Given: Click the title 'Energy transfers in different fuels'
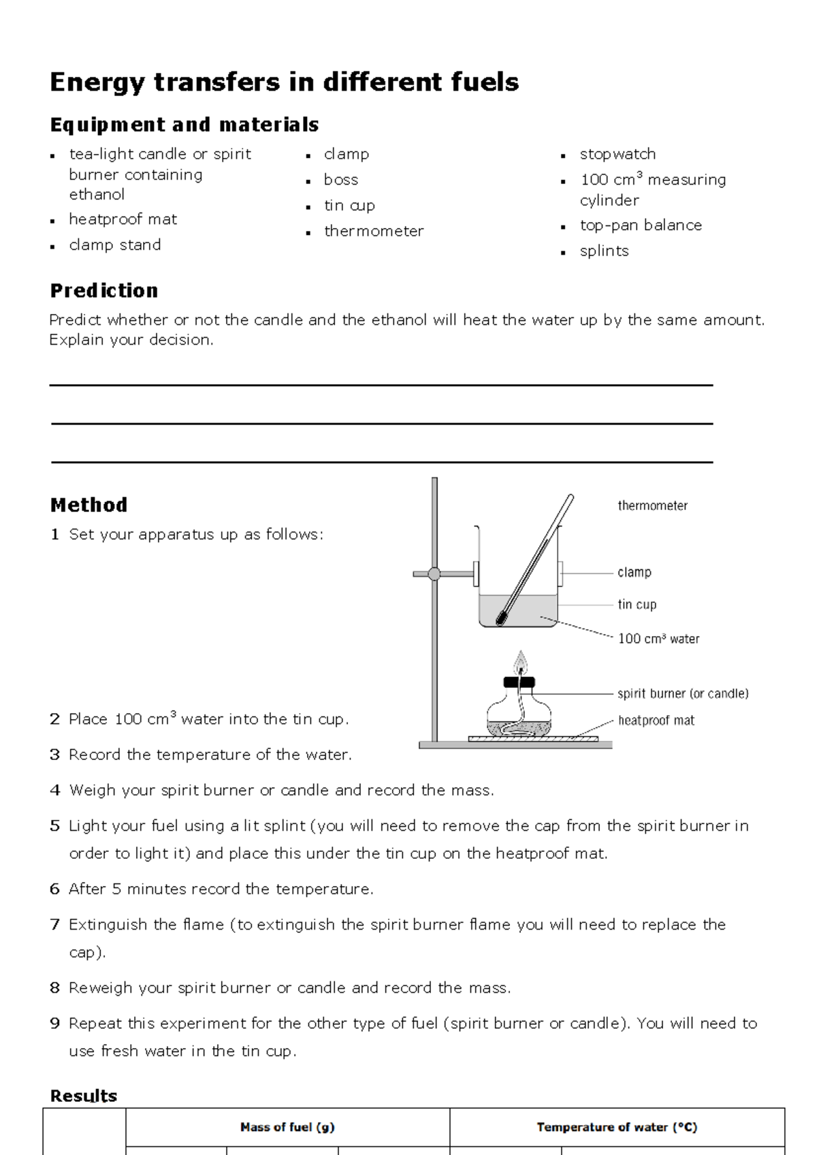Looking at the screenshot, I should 284,82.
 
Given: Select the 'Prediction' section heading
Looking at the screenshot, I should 103,291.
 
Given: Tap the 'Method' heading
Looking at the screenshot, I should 89,505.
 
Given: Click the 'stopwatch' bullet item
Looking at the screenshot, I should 618,154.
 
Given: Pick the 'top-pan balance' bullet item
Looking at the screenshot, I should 640,225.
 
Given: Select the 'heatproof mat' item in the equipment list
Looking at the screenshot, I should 123,219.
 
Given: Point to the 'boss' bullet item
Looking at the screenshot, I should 340,180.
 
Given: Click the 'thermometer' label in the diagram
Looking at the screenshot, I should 652,506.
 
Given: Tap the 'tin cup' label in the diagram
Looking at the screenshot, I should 637,605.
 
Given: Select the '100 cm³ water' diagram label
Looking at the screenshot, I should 658,639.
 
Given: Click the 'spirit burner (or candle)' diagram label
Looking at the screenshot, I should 682,694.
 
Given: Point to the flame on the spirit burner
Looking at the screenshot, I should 521,661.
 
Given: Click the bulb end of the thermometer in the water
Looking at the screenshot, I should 502,618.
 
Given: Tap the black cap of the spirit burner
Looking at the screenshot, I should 520,682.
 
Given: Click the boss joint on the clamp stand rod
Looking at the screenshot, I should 434,574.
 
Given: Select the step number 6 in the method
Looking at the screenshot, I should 55,889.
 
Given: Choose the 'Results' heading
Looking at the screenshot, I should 83,1096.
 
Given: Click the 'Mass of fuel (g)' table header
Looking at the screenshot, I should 287,1127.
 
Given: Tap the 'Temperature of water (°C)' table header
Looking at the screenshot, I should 617,1127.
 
